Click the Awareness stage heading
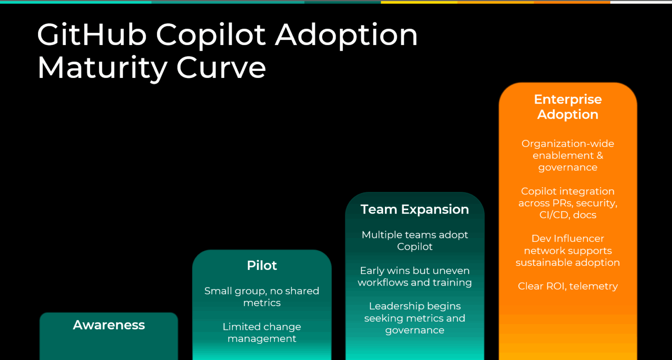pyautogui.click(x=109, y=325)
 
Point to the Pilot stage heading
pyautogui.click(x=262, y=266)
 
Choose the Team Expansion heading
pyautogui.click(x=415, y=210)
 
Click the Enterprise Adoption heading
pyautogui.click(x=568, y=107)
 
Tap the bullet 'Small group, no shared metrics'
pyautogui.click(x=262, y=297)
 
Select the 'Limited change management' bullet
pyautogui.click(x=262, y=332)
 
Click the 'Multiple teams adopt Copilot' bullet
pyautogui.click(x=415, y=241)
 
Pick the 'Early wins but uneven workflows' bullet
pyautogui.click(x=415, y=276)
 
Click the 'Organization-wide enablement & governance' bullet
pyautogui.click(x=568, y=155)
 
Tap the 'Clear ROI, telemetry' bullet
pyautogui.click(x=568, y=286)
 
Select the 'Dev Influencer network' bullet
pyautogui.click(x=568, y=251)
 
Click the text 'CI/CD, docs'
pyautogui.click(x=568, y=215)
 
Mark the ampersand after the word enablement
pyautogui.click(x=600, y=155)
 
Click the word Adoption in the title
pyautogui.click(x=346, y=35)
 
